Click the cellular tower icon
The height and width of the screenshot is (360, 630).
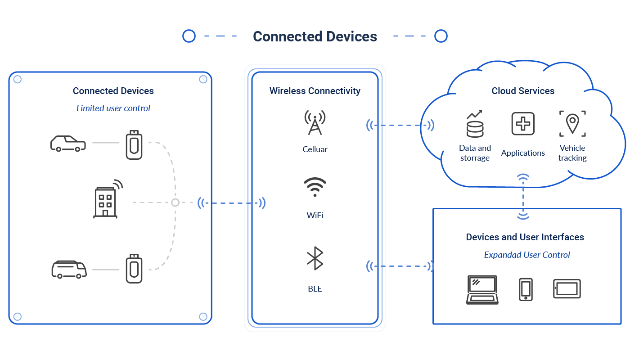[x=315, y=123]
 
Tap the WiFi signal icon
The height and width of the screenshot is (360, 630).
[x=315, y=187]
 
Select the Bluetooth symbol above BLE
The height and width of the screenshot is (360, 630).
[x=315, y=258]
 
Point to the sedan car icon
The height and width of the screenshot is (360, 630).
[x=67, y=143]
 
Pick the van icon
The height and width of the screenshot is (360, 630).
[x=68, y=269]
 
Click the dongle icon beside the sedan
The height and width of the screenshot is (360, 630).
[x=134, y=144]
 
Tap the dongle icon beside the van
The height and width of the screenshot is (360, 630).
[x=134, y=269]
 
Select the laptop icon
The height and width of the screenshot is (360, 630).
[x=482, y=289]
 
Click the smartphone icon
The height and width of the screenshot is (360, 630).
[x=525, y=289]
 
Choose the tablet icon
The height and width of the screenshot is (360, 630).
[x=567, y=289]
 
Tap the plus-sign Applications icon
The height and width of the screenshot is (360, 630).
[x=522, y=124]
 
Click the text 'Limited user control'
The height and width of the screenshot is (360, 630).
[x=113, y=108]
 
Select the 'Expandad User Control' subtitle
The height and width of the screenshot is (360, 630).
[x=526, y=255]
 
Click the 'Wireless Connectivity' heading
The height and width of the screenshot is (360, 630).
[x=315, y=90]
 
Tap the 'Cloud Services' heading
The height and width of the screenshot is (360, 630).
[x=522, y=90]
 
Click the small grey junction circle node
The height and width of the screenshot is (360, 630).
[x=175, y=202]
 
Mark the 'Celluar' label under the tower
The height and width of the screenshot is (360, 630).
[x=315, y=149]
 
